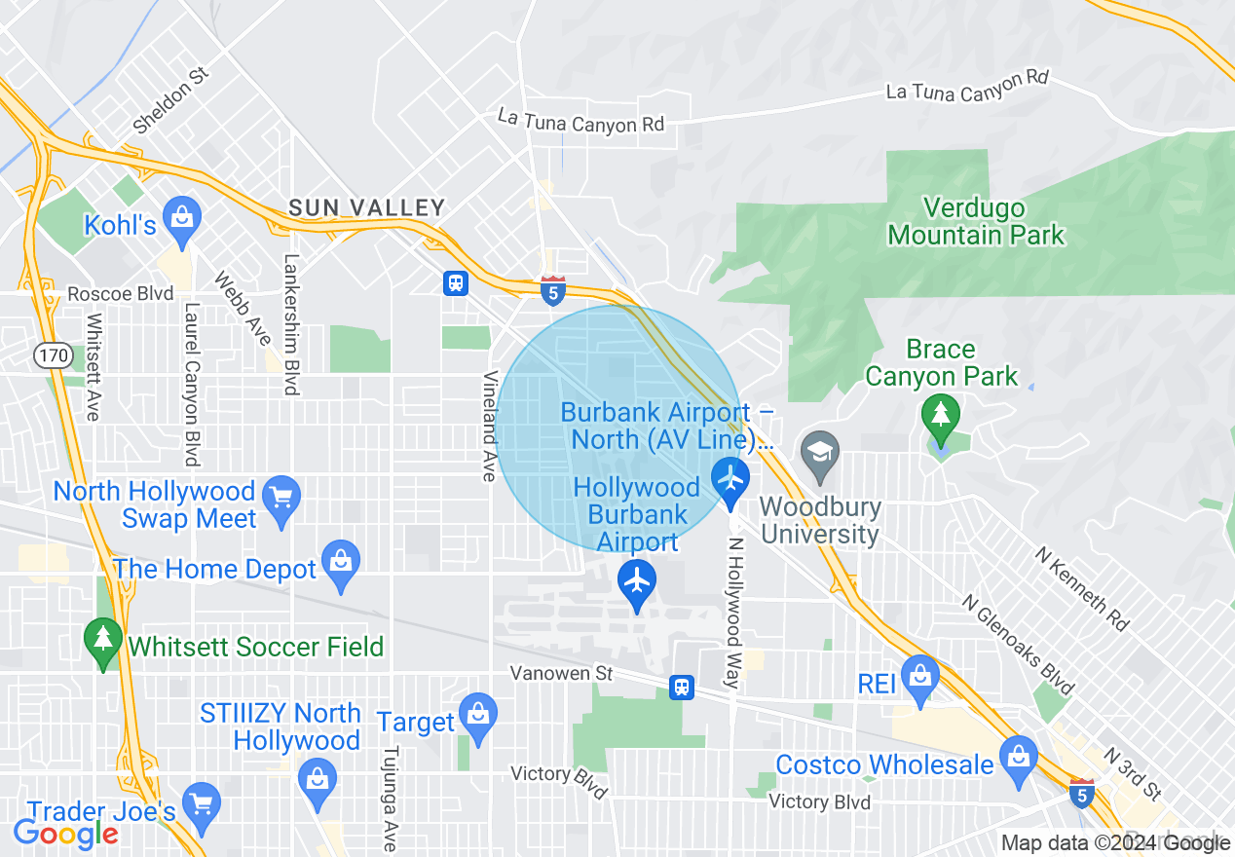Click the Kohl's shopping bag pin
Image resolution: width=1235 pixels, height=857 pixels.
tap(181, 215)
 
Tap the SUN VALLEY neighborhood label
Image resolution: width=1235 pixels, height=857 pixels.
tap(366, 207)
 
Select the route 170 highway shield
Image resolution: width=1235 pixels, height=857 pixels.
tap(53, 355)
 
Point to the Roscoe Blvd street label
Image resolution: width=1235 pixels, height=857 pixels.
tap(120, 294)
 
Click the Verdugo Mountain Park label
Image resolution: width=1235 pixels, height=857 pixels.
tap(976, 222)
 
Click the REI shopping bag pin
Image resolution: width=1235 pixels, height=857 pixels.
tap(918, 674)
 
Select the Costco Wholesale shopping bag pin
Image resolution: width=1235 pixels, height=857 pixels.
tap(1019, 758)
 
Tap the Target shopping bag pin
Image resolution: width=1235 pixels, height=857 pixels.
tap(477, 714)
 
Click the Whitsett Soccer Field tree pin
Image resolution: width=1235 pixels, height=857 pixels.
tap(103, 640)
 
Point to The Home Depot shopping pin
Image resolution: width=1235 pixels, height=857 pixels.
tap(341, 562)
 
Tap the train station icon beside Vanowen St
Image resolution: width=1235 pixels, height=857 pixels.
tap(682, 687)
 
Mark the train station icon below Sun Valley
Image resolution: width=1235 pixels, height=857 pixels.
tap(455, 283)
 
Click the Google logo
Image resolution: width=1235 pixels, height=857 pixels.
tap(65, 833)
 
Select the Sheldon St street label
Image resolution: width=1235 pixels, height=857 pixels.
tap(170, 101)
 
